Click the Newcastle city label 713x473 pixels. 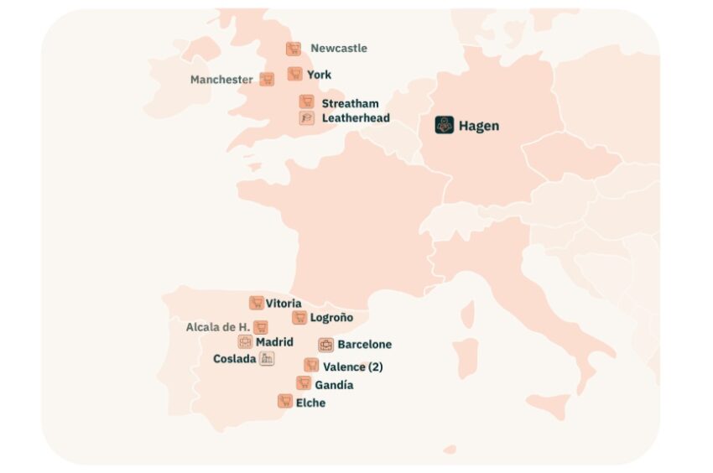coord(339,49)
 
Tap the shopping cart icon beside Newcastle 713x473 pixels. coord(293,49)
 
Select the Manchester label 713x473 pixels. coord(221,80)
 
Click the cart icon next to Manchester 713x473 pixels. coord(267,79)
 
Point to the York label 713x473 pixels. coord(319,75)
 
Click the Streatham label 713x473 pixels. coord(350,103)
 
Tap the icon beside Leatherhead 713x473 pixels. coord(306,118)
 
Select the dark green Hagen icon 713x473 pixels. coord(444,126)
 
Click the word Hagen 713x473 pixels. coord(478,126)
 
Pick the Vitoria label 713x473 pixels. coord(284,303)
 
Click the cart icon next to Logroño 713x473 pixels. coord(299,317)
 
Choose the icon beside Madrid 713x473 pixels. coord(245,341)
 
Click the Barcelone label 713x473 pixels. coord(364,344)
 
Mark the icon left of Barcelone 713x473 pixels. coord(325,344)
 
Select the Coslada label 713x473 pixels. coord(234,358)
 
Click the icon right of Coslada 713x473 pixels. coord(267,358)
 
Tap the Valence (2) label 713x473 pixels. coord(352,366)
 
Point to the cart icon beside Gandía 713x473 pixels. coord(303,383)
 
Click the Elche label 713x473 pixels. coord(310,403)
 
